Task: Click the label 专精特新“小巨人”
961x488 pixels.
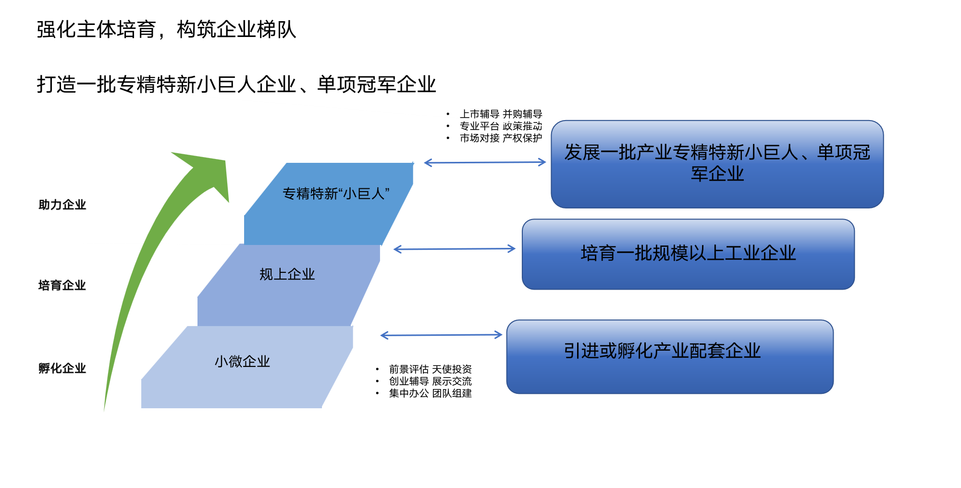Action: pyautogui.click(x=335, y=194)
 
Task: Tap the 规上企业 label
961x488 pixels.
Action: pyautogui.click(x=287, y=274)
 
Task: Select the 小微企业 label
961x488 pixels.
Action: pyautogui.click(x=242, y=361)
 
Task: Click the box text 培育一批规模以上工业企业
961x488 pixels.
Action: pyautogui.click(x=688, y=253)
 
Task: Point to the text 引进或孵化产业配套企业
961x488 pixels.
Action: pyautogui.click(x=662, y=351)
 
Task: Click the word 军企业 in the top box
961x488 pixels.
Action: pyautogui.click(x=717, y=174)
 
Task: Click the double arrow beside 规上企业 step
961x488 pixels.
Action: pyautogui.click(x=454, y=249)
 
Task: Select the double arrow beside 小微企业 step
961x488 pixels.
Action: pyautogui.click(x=441, y=335)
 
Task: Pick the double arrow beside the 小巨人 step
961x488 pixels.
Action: pyautogui.click(x=485, y=162)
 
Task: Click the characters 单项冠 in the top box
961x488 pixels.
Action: pyautogui.click(x=843, y=152)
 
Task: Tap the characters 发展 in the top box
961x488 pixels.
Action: pyautogui.click(x=582, y=152)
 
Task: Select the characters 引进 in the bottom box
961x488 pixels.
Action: pyautogui.click(x=581, y=351)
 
